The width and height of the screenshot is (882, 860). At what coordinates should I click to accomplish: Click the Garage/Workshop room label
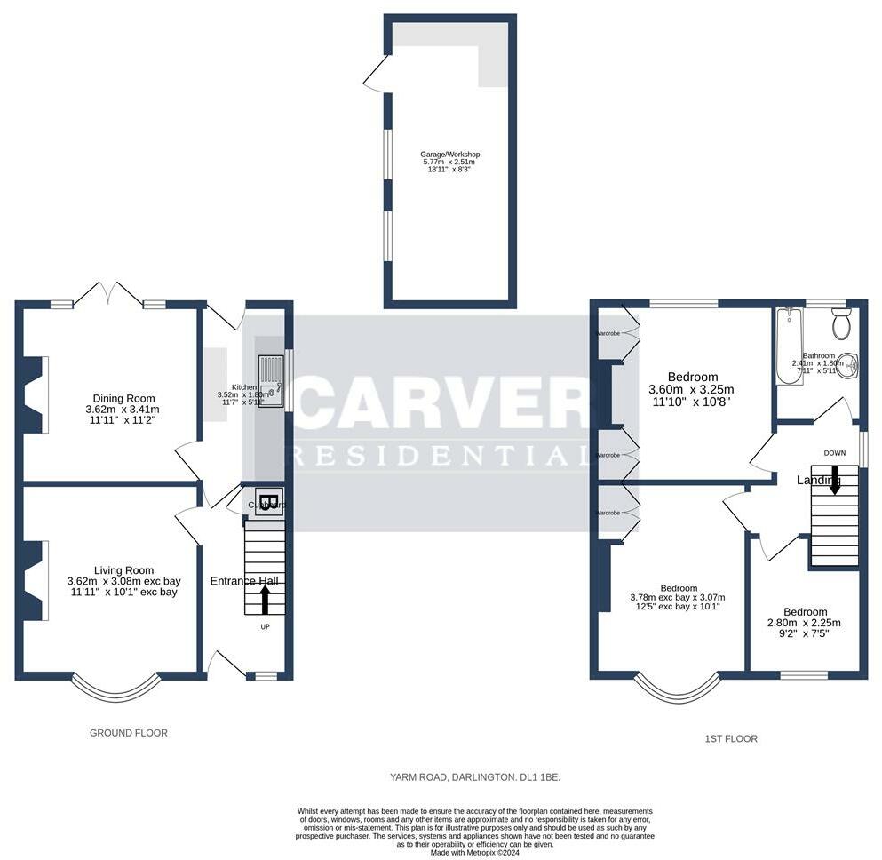449,154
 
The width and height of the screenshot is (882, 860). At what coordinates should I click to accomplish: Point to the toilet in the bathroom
841,326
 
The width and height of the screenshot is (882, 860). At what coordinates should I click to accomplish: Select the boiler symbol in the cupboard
269,499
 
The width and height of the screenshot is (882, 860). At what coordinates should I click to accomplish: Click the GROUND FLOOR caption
129,733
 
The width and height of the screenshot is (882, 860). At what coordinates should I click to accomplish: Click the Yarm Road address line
475,777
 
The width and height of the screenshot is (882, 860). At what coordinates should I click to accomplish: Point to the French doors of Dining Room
110,294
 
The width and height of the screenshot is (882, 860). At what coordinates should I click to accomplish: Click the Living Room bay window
116,689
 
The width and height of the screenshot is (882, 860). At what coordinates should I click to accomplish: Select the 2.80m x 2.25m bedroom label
805,612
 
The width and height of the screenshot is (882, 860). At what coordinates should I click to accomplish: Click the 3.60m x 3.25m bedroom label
695,377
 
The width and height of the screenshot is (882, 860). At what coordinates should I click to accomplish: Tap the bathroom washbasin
849,364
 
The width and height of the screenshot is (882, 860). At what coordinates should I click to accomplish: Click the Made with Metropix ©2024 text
475,852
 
